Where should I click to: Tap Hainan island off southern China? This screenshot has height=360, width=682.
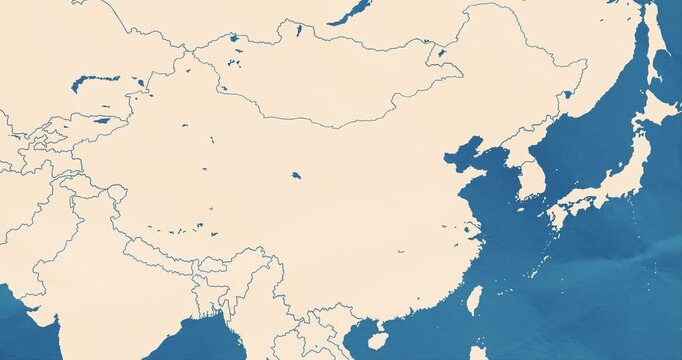tap(377, 340)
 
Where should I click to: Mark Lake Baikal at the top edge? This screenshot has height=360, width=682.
tap(350, 11)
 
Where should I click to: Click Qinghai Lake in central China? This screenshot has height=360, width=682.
tap(296, 175)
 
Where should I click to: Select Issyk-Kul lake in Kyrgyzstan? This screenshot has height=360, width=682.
tap(102, 121)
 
